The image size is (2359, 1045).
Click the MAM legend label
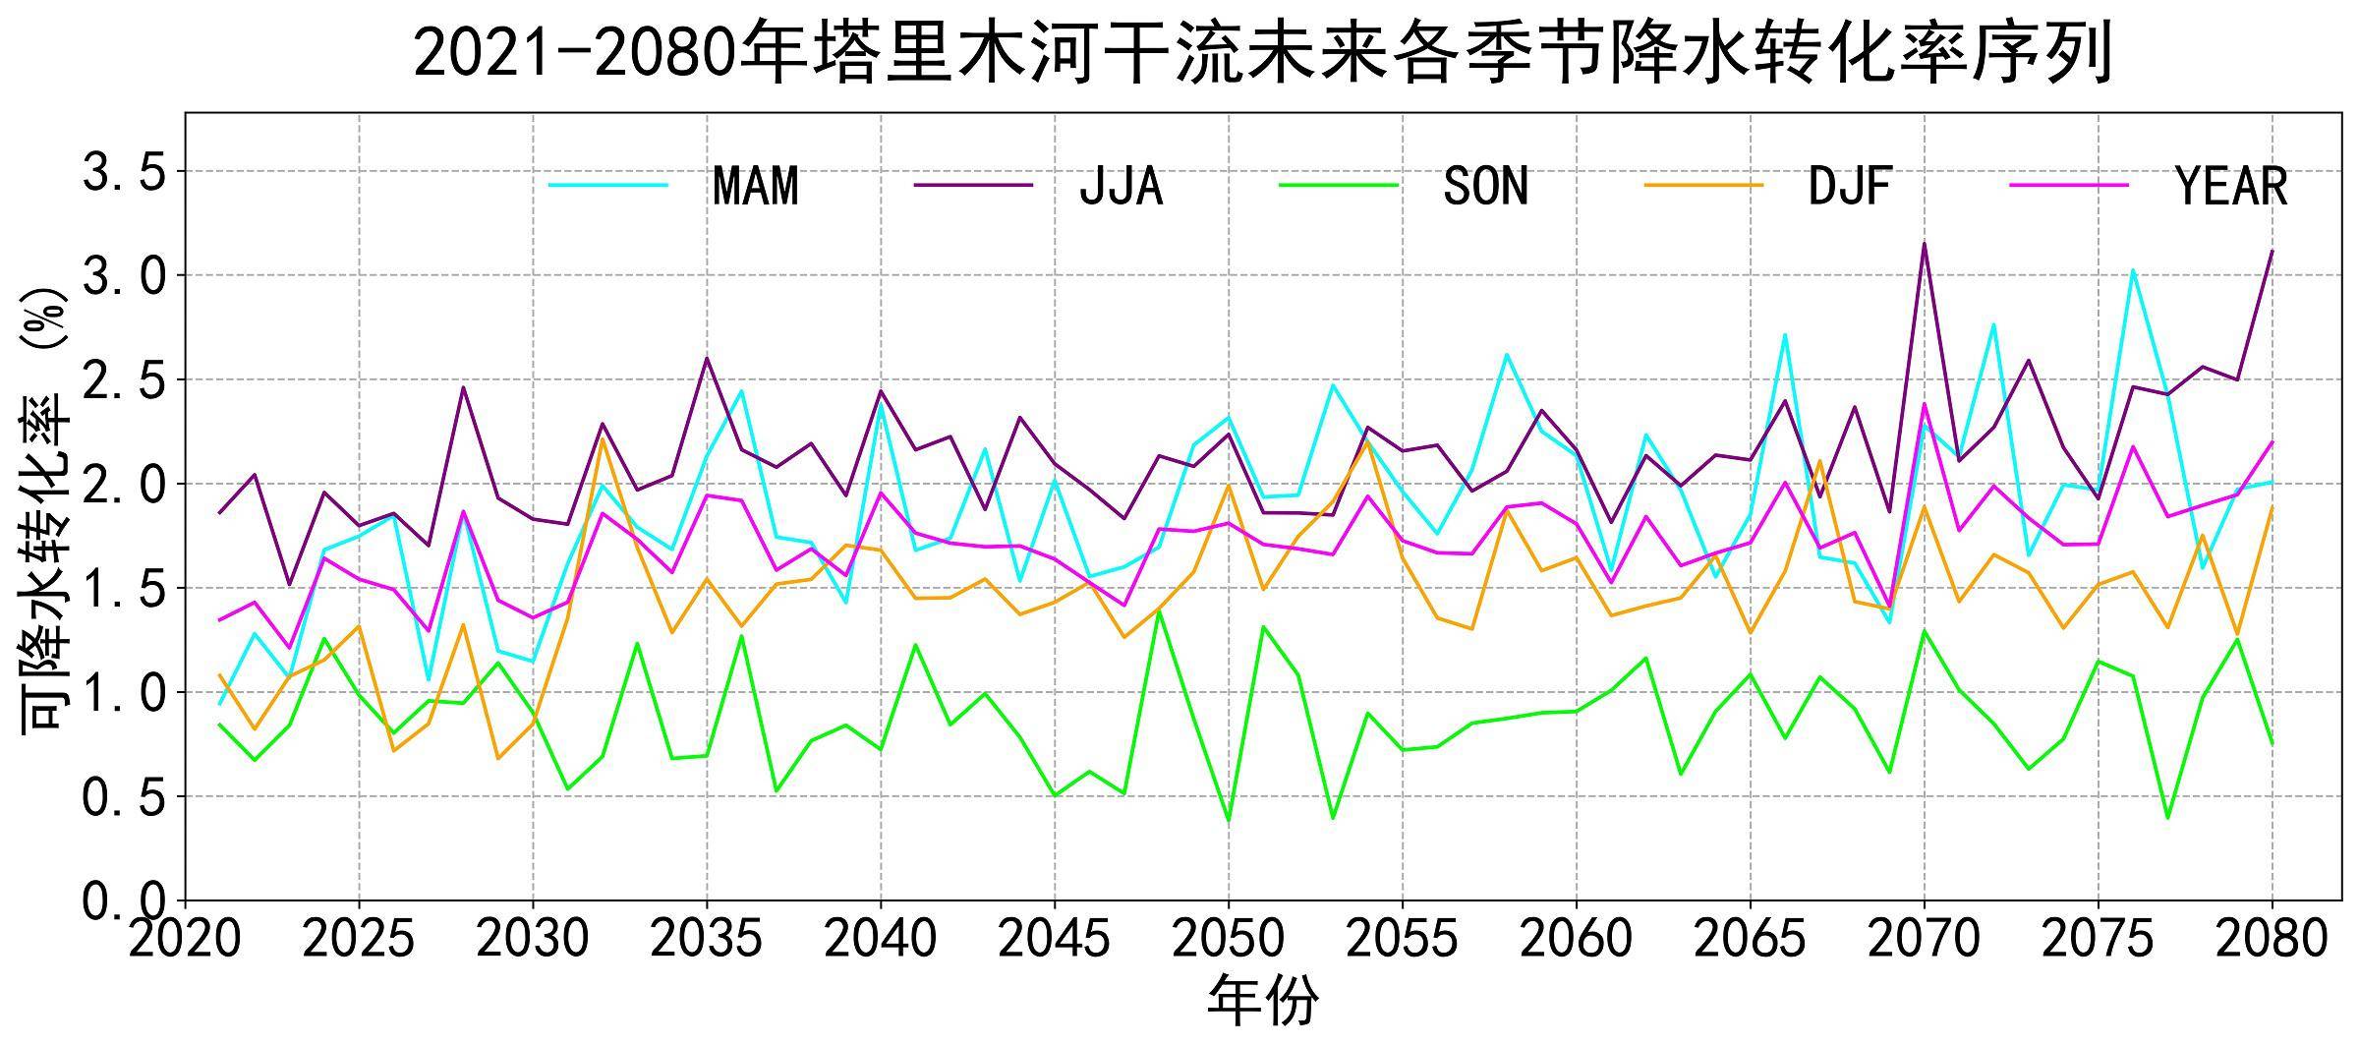(x=755, y=186)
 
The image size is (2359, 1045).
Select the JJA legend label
(x=1121, y=186)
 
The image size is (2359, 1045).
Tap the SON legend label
(x=1485, y=186)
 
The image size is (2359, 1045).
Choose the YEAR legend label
(x=2231, y=186)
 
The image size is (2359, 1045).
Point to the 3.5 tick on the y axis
(x=122, y=173)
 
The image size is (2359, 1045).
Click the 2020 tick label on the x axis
(x=185, y=940)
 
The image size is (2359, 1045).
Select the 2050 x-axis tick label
(x=1229, y=940)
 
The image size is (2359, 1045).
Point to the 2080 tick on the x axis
(x=2272, y=940)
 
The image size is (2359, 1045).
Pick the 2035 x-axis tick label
(x=707, y=940)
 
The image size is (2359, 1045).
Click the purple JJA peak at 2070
(x=1924, y=243)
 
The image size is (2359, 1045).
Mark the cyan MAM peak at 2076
(x=2133, y=270)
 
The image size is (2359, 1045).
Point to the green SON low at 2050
(x=1229, y=820)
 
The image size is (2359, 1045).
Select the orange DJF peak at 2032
(x=603, y=438)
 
